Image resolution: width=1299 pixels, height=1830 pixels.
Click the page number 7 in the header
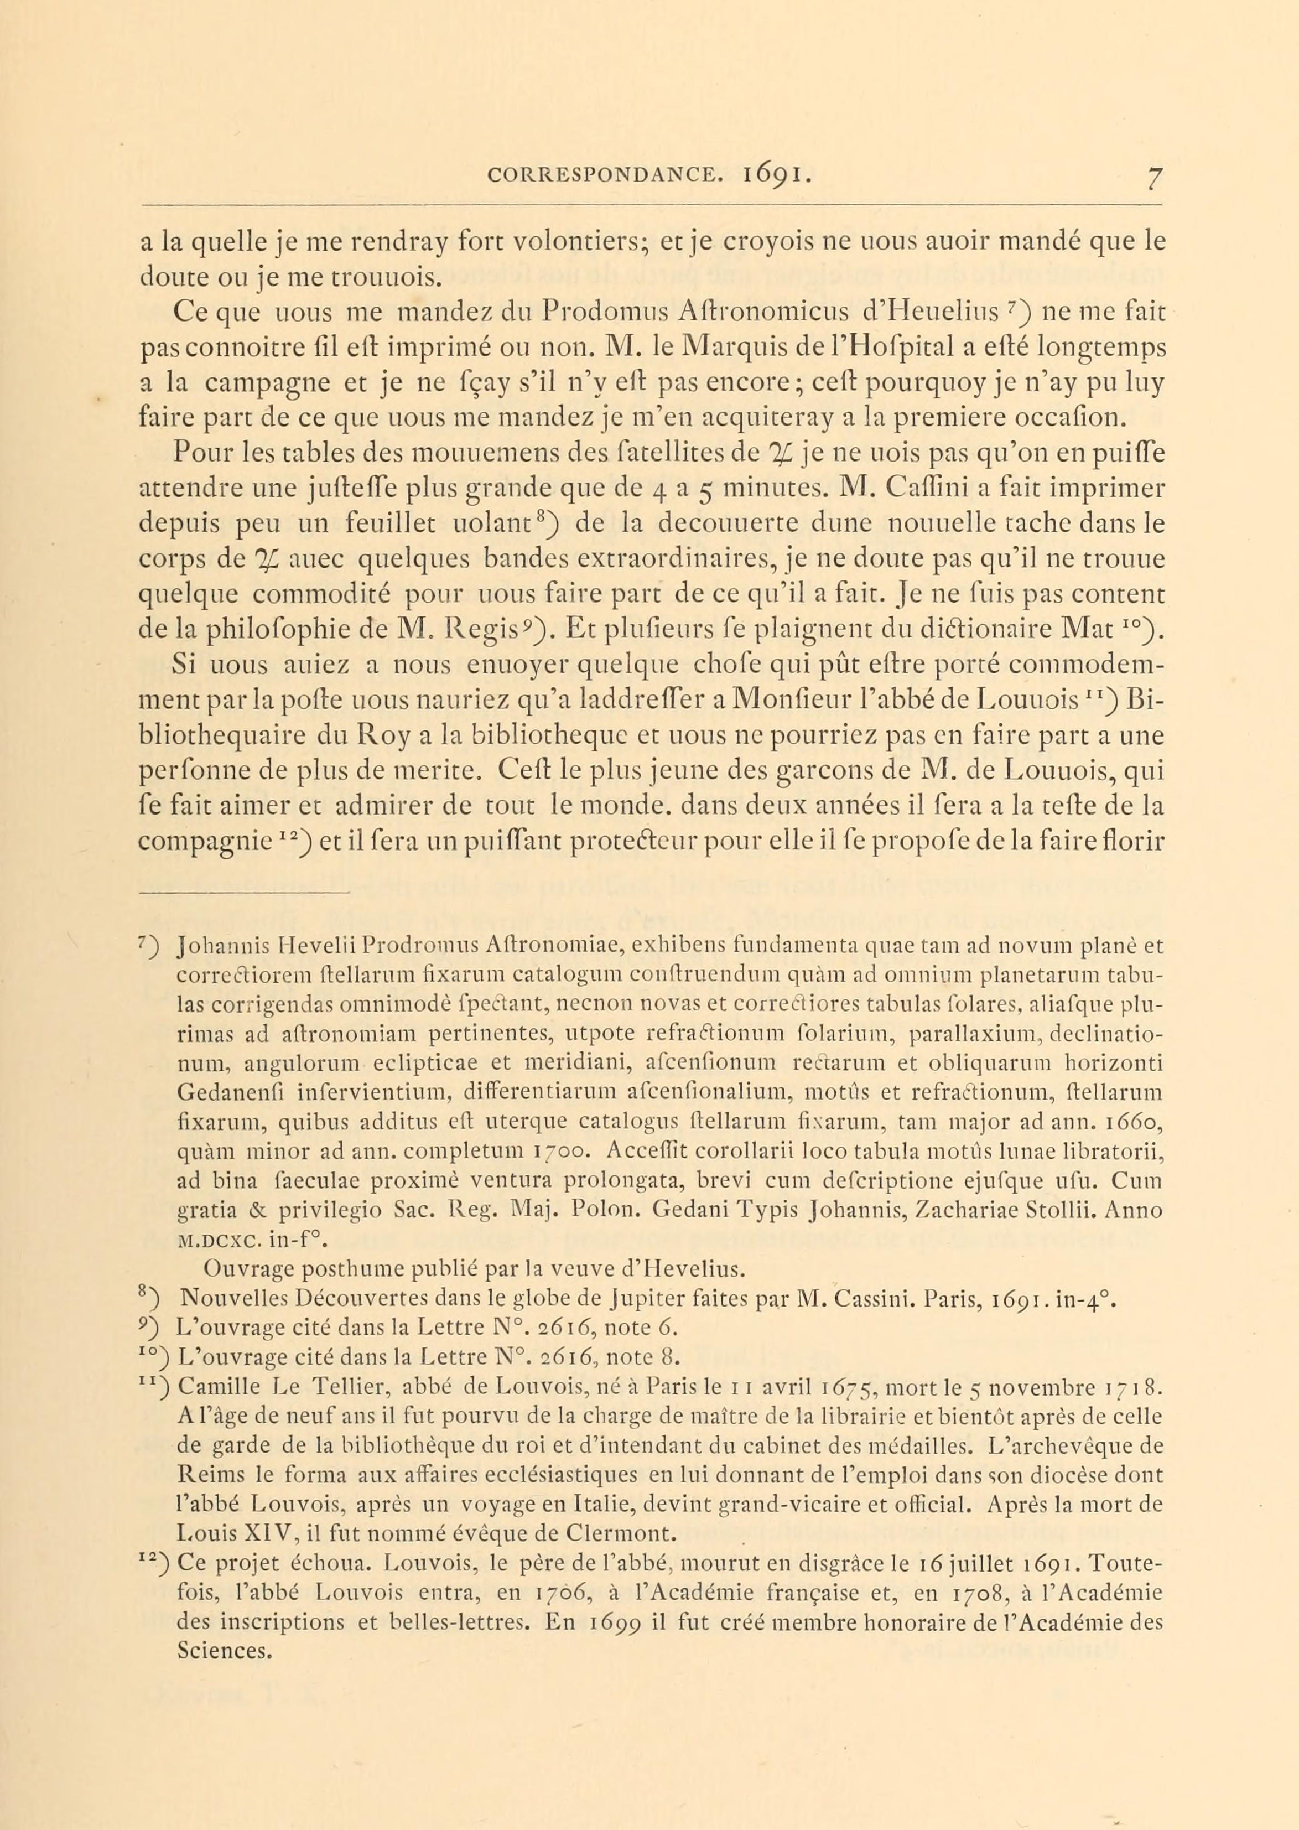point(1152,176)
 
